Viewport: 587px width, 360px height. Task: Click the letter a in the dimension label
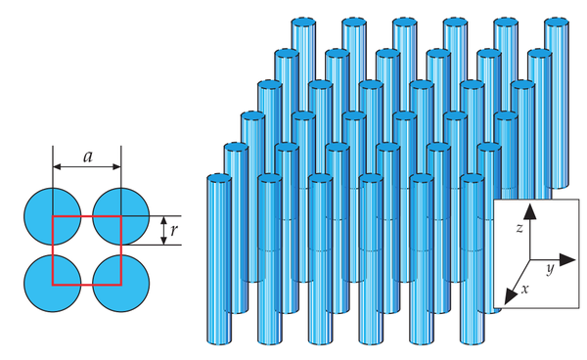point(88,157)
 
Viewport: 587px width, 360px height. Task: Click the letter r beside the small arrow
point(173,231)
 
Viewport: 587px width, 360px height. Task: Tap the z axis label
point(519,228)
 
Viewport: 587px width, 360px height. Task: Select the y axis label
point(550,269)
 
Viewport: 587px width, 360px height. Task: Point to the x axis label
point(525,289)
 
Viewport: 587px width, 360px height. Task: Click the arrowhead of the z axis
point(529,211)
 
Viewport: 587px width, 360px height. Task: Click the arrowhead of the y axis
point(567,259)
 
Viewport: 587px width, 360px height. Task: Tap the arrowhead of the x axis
point(510,296)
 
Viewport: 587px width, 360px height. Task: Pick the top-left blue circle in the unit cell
point(53,216)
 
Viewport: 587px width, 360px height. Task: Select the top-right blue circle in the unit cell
point(121,216)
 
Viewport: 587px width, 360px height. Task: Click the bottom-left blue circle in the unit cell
point(53,284)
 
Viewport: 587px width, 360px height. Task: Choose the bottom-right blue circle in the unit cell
point(121,284)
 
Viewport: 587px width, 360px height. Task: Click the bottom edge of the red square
point(87,285)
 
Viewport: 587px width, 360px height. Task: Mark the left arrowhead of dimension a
point(57,166)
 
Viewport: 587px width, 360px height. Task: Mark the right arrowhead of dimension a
point(116,166)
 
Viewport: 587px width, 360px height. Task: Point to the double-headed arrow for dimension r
point(163,231)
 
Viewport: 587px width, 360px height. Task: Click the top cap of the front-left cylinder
point(219,177)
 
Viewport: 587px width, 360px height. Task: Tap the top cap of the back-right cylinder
point(557,22)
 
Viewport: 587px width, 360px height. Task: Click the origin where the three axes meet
point(529,259)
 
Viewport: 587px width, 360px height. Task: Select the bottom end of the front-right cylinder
point(473,340)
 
